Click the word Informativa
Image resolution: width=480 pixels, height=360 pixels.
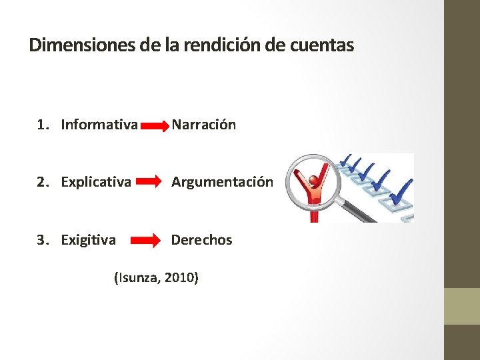point(99,125)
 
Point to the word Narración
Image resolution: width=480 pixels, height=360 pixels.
point(203,125)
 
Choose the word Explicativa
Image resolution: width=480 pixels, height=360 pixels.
point(96,181)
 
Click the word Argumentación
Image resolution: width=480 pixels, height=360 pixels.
point(222,181)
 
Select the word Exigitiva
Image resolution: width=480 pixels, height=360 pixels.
point(88,239)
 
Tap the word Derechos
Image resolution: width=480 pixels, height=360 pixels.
point(202,239)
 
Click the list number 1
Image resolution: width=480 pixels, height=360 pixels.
point(42,125)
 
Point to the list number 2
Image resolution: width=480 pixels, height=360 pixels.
point(42,181)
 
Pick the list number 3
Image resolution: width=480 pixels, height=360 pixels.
point(42,239)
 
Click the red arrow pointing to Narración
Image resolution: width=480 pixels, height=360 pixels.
point(155,125)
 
